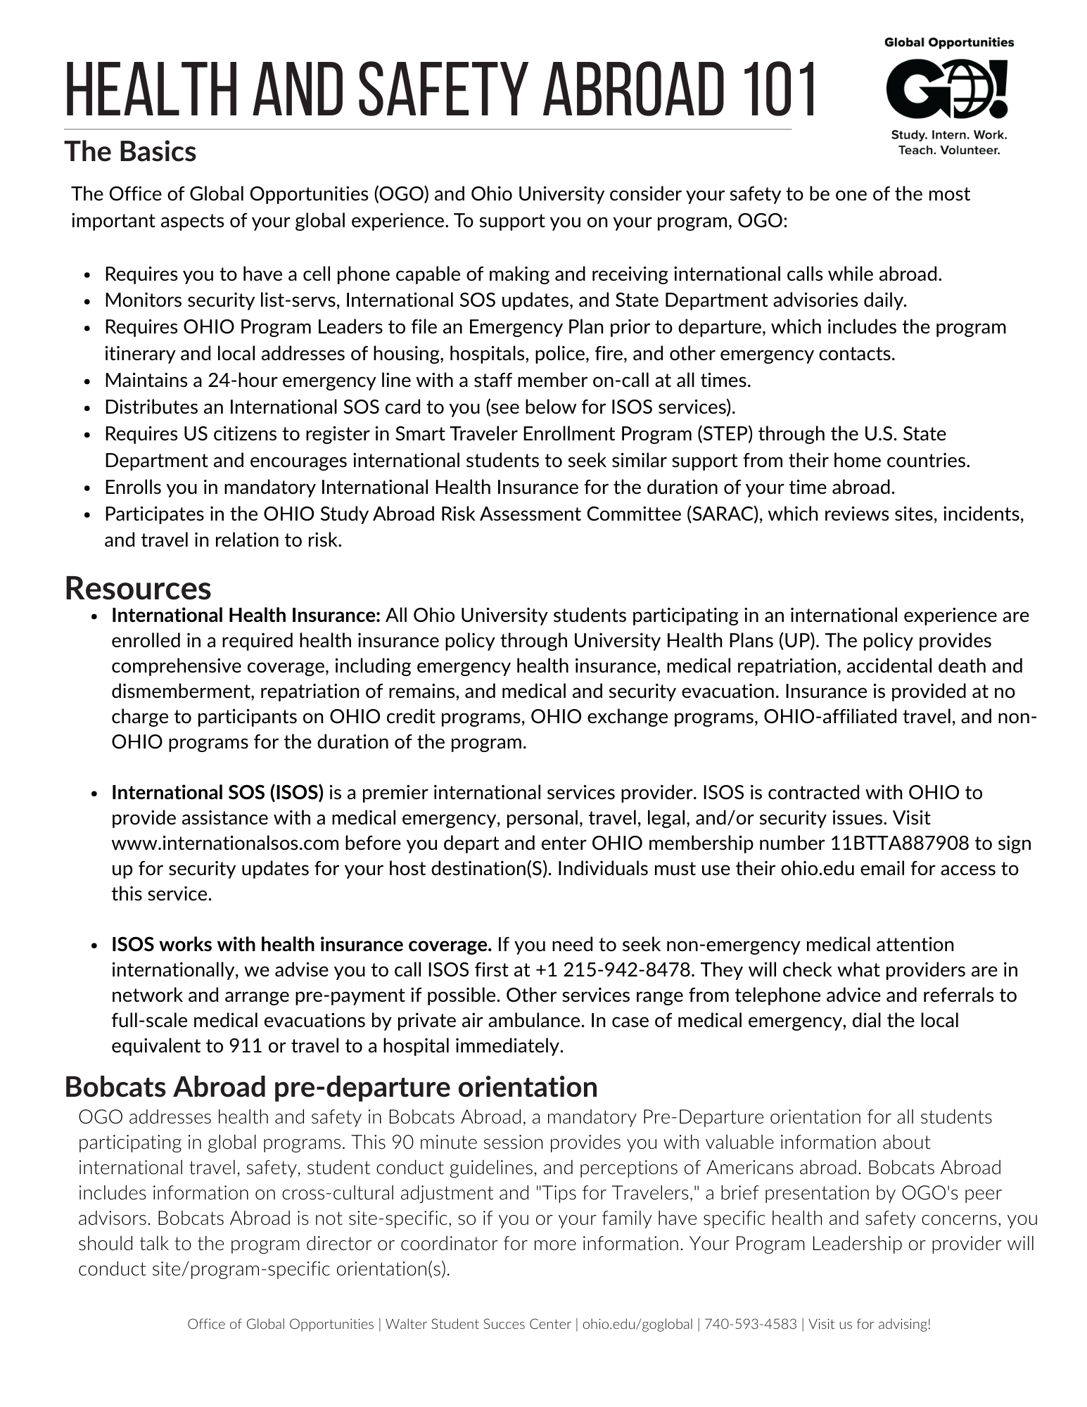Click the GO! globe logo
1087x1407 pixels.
coord(948,89)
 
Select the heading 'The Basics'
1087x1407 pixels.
coord(130,152)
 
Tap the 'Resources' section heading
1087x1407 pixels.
coord(138,588)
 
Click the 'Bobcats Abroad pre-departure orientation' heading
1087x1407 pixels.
coord(331,1086)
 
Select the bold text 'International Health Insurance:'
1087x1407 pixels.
coord(246,616)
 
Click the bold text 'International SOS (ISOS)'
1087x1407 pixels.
coord(217,793)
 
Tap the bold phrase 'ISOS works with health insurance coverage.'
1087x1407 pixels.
coord(301,945)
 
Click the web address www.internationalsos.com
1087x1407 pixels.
coord(225,843)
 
